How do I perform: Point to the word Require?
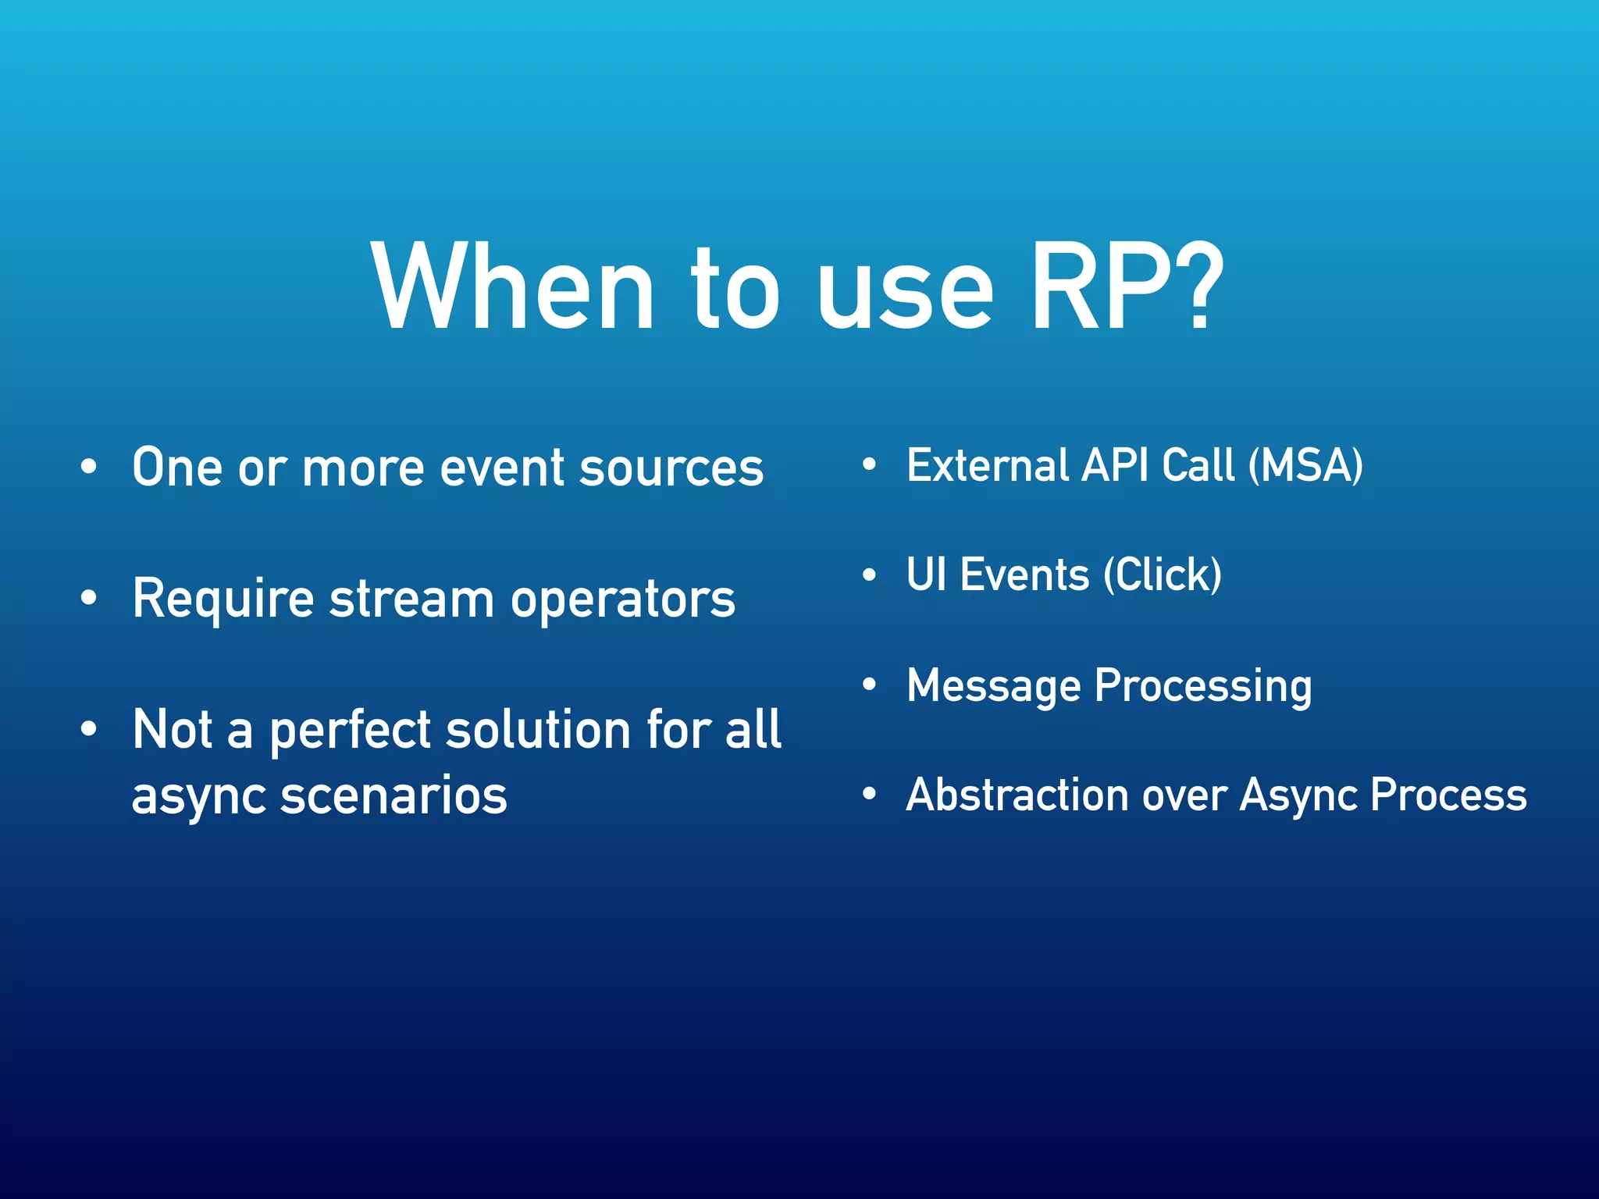[x=223, y=599]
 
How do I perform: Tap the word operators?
[x=622, y=599]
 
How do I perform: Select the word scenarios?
[x=394, y=796]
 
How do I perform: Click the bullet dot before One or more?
[x=89, y=467]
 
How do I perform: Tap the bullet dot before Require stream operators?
[x=89, y=598]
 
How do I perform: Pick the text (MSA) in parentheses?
[x=1305, y=465]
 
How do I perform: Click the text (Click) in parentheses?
[x=1163, y=575]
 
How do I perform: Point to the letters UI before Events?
[x=926, y=575]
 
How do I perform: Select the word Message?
[x=993, y=685]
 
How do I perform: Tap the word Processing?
[x=1202, y=685]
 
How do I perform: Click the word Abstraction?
[x=1017, y=795]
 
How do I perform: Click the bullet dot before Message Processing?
[x=869, y=685]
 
